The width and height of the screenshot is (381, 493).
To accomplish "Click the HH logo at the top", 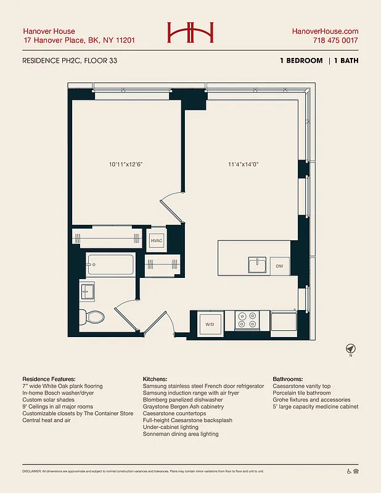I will click(190, 33).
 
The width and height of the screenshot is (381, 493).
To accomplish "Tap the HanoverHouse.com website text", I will click(325, 31).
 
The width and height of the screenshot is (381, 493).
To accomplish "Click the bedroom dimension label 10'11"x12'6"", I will click(126, 165).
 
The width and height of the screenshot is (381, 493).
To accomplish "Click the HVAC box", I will click(157, 241).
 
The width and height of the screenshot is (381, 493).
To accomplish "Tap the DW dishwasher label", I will click(279, 266).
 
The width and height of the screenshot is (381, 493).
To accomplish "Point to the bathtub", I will click(111, 265).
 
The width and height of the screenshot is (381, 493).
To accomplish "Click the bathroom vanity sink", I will click(87, 290).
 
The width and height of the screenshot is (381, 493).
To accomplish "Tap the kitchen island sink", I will click(257, 265).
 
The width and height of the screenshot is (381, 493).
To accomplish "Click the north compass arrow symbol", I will click(351, 349).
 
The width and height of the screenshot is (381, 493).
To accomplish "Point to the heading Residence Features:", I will click(49, 378).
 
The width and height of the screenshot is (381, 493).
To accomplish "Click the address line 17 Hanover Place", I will click(78, 41).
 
